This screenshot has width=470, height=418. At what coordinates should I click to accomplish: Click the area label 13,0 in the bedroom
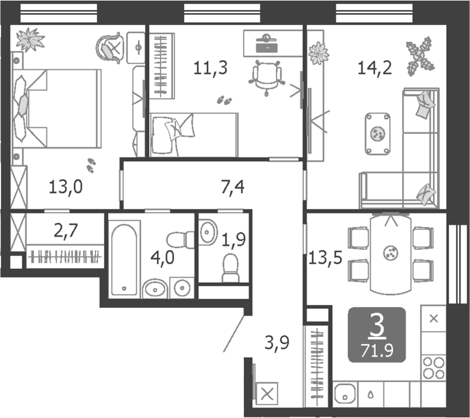[65, 188]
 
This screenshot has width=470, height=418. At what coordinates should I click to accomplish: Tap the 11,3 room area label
[210, 67]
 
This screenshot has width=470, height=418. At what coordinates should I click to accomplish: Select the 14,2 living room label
[374, 67]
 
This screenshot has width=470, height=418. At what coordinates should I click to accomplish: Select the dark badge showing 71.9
[376, 335]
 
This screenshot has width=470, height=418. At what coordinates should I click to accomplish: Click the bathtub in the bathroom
[125, 259]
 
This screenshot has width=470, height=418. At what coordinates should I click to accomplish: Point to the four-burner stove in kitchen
[434, 366]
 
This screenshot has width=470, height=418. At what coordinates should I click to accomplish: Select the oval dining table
[391, 254]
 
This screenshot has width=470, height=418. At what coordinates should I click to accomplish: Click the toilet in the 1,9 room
[230, 267]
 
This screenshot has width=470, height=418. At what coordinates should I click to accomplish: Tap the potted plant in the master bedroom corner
[30, 39]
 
